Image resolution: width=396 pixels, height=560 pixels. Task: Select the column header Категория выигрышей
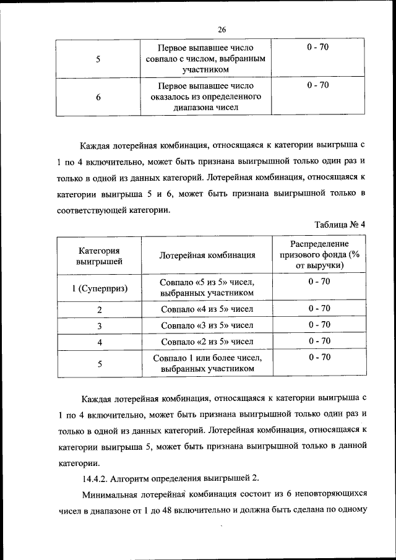click(x=99, y=256)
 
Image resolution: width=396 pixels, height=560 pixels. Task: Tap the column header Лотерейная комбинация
click(x=207, y=256)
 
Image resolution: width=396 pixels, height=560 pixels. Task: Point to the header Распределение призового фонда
click(x=319, y=254)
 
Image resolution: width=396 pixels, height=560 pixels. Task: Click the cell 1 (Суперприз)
click(x=99, y=288)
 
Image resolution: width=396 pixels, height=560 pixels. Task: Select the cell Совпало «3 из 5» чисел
click(x=207, y=325)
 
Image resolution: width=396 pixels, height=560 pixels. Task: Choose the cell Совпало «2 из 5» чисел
click(x=207, y=341)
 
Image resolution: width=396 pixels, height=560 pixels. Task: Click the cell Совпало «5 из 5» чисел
click(x=207, y=287)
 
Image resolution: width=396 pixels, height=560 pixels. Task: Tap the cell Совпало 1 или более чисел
click(x=207, y=363)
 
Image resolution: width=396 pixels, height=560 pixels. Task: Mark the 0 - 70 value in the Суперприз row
click(x=319, y=282)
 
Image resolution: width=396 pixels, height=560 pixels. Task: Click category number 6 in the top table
click(x=99, y=97)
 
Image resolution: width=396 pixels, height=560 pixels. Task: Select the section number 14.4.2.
click(x=98, y=478)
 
